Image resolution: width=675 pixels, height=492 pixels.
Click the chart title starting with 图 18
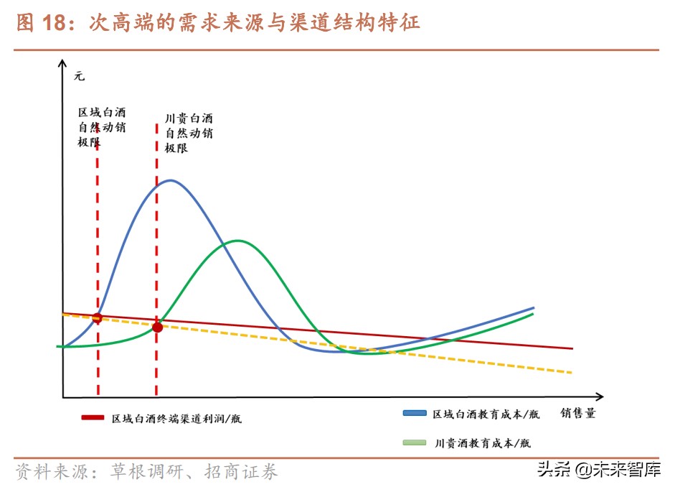coord(217,23)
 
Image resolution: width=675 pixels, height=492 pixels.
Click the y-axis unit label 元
coord(79,75)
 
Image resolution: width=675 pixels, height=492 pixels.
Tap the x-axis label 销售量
coord(578,413)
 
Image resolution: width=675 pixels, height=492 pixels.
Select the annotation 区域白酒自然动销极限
coord(102,127)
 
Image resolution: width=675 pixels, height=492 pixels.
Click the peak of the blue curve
coord(170,180)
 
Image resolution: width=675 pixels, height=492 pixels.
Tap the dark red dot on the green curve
coord(158,328)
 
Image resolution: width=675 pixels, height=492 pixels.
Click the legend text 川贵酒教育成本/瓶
coord(483,443)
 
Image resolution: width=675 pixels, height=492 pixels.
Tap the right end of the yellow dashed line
coord(572,372)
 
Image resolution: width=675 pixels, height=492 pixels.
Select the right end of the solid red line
coord(572,348)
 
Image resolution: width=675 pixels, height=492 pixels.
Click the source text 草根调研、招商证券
coord(194,472)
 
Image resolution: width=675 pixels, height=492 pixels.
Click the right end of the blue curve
coord(534,307)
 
